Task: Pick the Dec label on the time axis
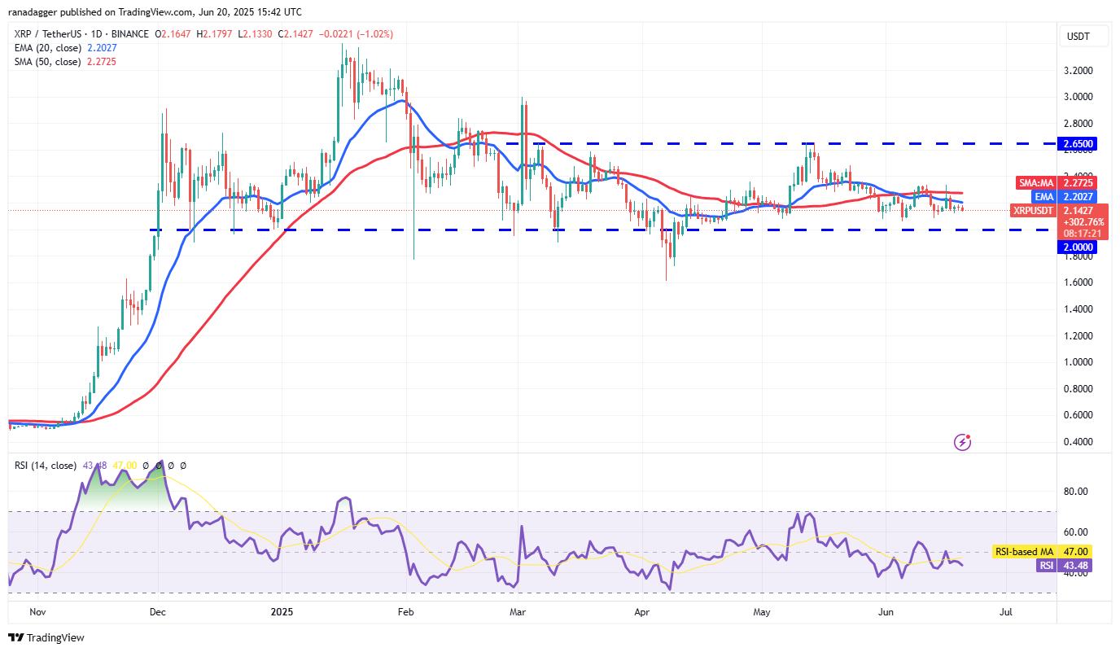(x=158, y=611)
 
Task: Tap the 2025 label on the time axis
(x=282, y=611)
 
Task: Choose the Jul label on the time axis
(x=1005, y=611)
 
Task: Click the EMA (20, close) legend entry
(x=47, y=48)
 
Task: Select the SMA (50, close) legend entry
(x=46, y=62)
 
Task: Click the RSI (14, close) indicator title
(x=44, y=466)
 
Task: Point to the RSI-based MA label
(x=1024, y=552)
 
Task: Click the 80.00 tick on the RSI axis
(x=1075, y=492)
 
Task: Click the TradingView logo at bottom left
(x=46, y=638)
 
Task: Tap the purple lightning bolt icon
(x=963, y=442)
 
